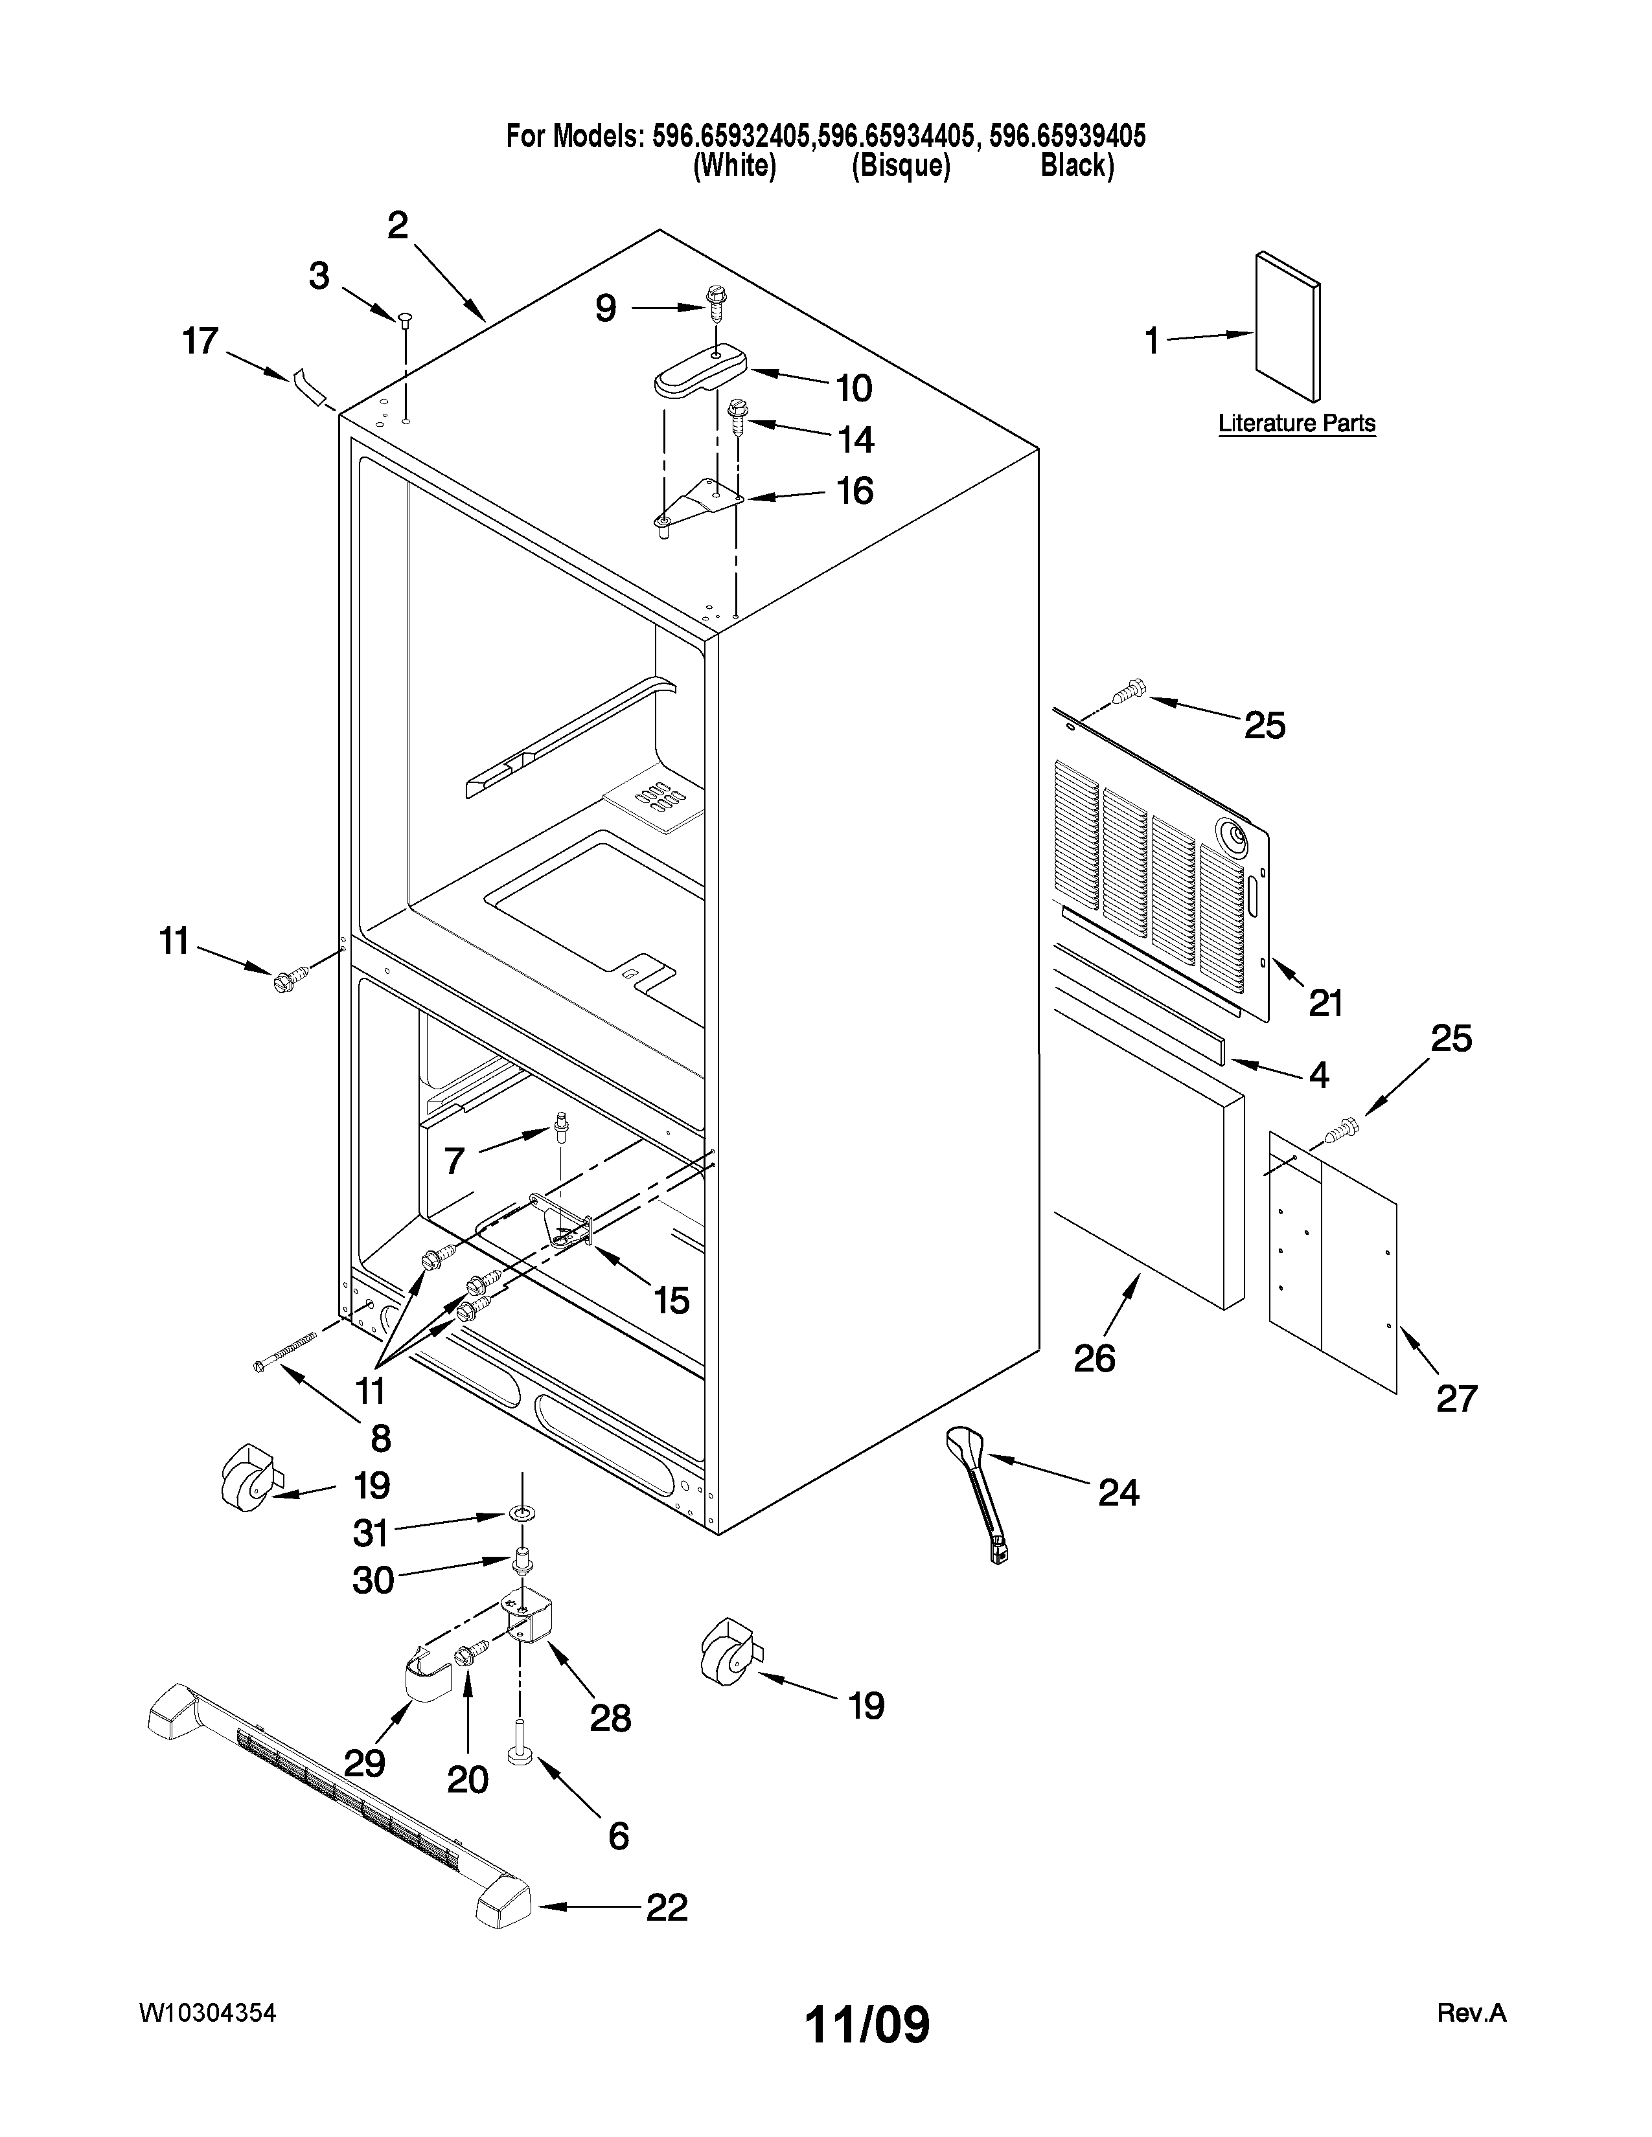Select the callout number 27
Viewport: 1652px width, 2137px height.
tap(1455, 1398)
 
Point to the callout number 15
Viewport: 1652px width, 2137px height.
tap(671, 1300)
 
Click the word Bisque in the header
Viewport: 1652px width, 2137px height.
tap(901, 166)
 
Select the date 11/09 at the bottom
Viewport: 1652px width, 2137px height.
tap(866, 2024)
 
